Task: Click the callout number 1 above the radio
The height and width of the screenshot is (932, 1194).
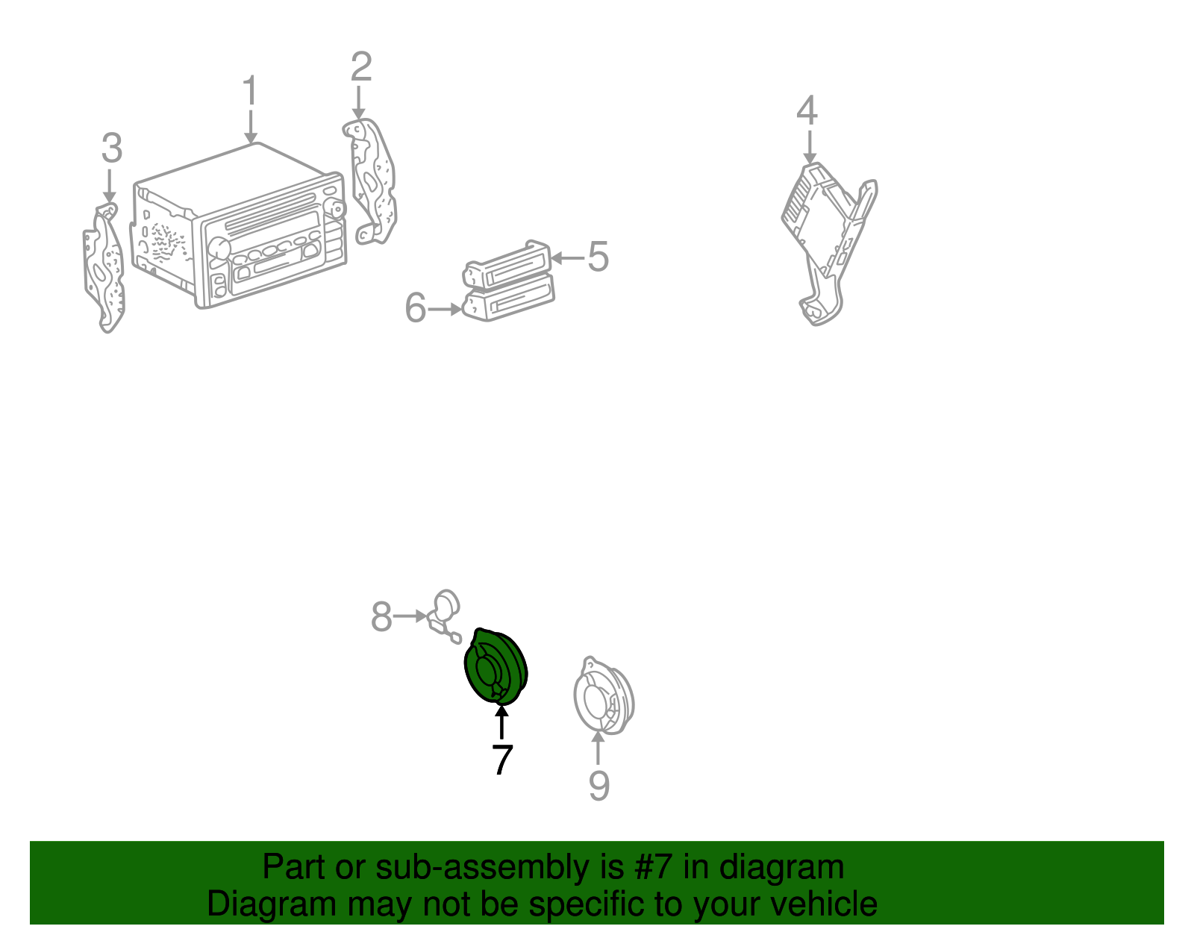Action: (x=251, y=90)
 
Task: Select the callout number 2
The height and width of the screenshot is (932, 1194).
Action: (x=361, y=66)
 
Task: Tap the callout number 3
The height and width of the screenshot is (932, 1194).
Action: (x=112, y=148)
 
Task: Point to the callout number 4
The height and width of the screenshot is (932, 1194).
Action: (x=807, y=110)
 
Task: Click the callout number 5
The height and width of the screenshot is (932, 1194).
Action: (x=598, y=257)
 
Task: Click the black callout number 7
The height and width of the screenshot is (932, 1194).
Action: (x=502, y=760)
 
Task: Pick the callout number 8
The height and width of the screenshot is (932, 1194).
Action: (x=381, y=617)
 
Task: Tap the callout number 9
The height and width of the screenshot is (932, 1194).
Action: (x=599, y=786)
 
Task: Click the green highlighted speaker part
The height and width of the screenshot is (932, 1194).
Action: (x=496, y=667)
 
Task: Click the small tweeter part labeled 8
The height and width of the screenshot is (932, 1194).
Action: (x=445, y=616)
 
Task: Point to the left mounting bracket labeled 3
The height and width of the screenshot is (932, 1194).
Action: (x=104, y=268)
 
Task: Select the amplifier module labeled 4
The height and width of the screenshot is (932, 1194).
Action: (x=828, y=243)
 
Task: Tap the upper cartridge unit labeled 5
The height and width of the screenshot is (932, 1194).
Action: (x=507, y=265)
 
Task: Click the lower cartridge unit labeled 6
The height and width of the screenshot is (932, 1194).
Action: (x=508, y=298)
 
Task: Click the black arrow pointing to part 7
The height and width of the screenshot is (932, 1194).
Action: (x=501, y=722)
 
